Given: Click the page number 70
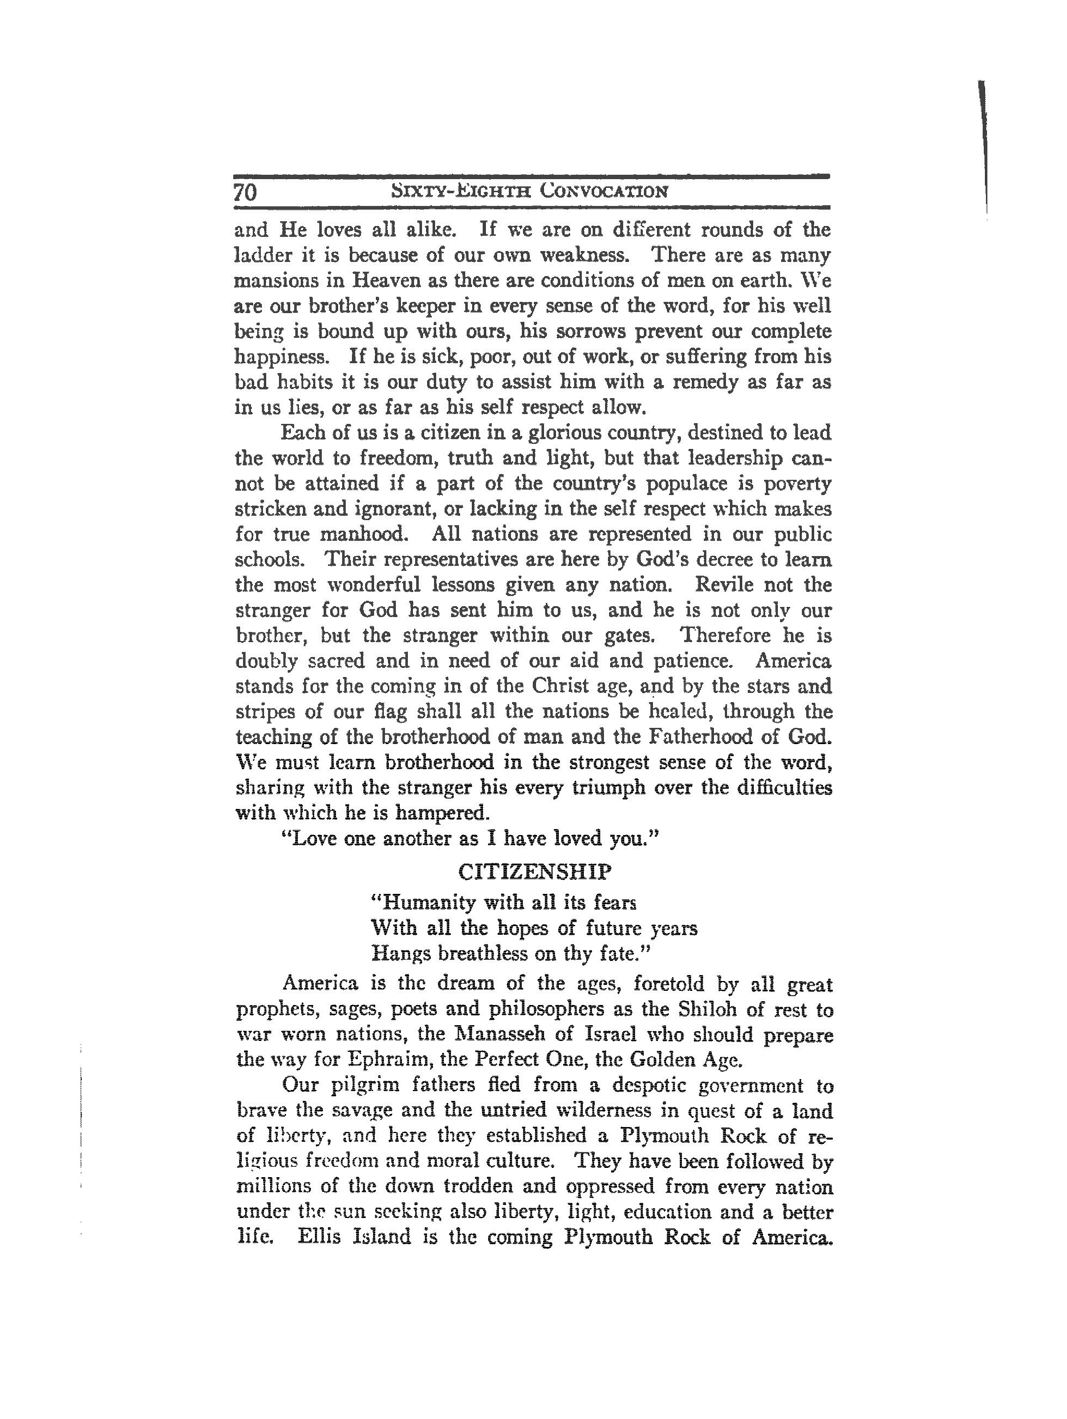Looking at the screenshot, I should [246, 192].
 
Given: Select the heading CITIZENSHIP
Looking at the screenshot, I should [534, 873].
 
